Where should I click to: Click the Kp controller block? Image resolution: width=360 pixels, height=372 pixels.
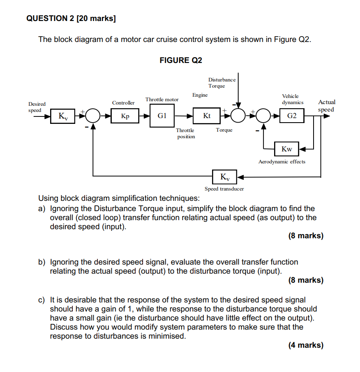(125, 116)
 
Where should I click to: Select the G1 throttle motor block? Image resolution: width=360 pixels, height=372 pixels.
(162, 116)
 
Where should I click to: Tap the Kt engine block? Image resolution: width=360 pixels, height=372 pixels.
(207, 116)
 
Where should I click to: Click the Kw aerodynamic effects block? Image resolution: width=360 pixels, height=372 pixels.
(287, 149)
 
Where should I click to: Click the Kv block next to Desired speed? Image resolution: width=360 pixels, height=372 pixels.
(63, 116)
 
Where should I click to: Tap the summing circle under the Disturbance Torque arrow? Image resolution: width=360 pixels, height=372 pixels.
(238, 116)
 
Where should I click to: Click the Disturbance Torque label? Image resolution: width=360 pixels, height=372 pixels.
(222, 83)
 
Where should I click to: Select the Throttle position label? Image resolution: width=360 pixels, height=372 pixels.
(186, 133)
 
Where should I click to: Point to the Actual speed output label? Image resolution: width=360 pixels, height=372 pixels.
(326, 106)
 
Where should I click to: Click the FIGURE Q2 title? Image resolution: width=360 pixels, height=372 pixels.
(181, 60)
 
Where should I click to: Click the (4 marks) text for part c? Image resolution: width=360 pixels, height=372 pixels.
(306, 345)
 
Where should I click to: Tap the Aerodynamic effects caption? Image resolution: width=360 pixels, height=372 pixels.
(282, 162)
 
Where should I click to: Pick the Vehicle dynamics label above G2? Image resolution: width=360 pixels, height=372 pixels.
(292, 99)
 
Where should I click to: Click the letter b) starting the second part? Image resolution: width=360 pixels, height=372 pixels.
(42, 262)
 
